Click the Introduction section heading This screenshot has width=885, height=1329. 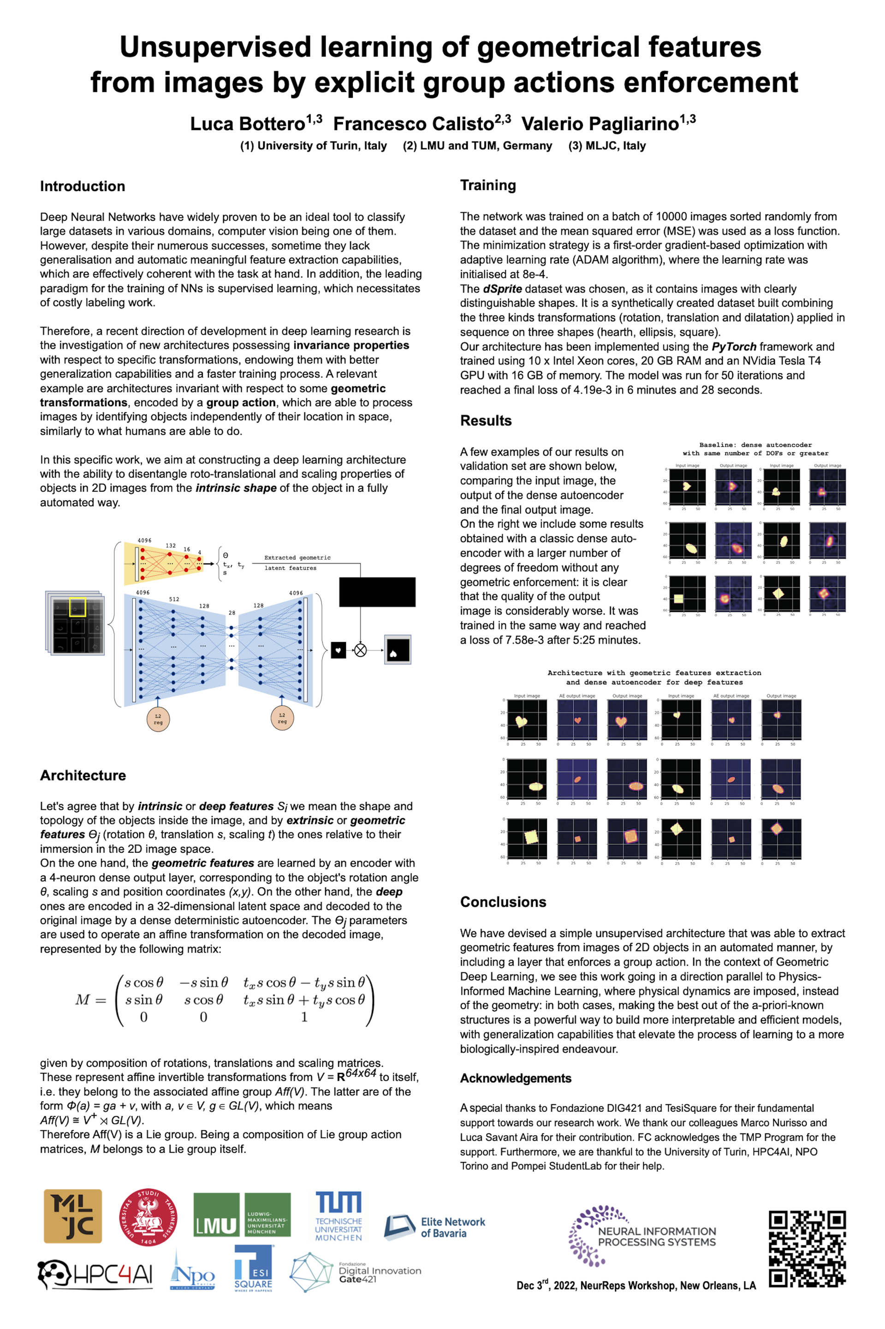[x=83, y=186]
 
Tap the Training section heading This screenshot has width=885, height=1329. [x=487, y=185]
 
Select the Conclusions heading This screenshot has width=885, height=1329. [x=503, y=901]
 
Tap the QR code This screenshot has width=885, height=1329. [x=807, y=1249]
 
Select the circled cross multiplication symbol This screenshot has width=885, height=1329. [x=360, y=650]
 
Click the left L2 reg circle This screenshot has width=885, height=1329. [x=158, y=718]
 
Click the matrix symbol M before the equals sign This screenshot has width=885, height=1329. [x=83, y=999]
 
